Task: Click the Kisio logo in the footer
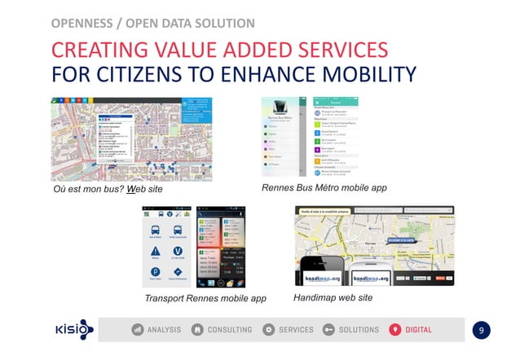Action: (x=74, y=330)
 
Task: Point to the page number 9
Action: (x=482, y=330)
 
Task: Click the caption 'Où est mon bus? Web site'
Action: (x=103, y=190)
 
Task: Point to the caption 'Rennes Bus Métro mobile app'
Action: (x=324, y=188)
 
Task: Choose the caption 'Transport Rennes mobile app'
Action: (x=205, y=298)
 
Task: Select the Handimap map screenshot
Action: (x=373, y=245)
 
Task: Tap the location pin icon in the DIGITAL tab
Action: (x=395, y=330)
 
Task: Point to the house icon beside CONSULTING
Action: (x=198, y=330)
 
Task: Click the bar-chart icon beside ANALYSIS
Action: (x=138, y=330)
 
